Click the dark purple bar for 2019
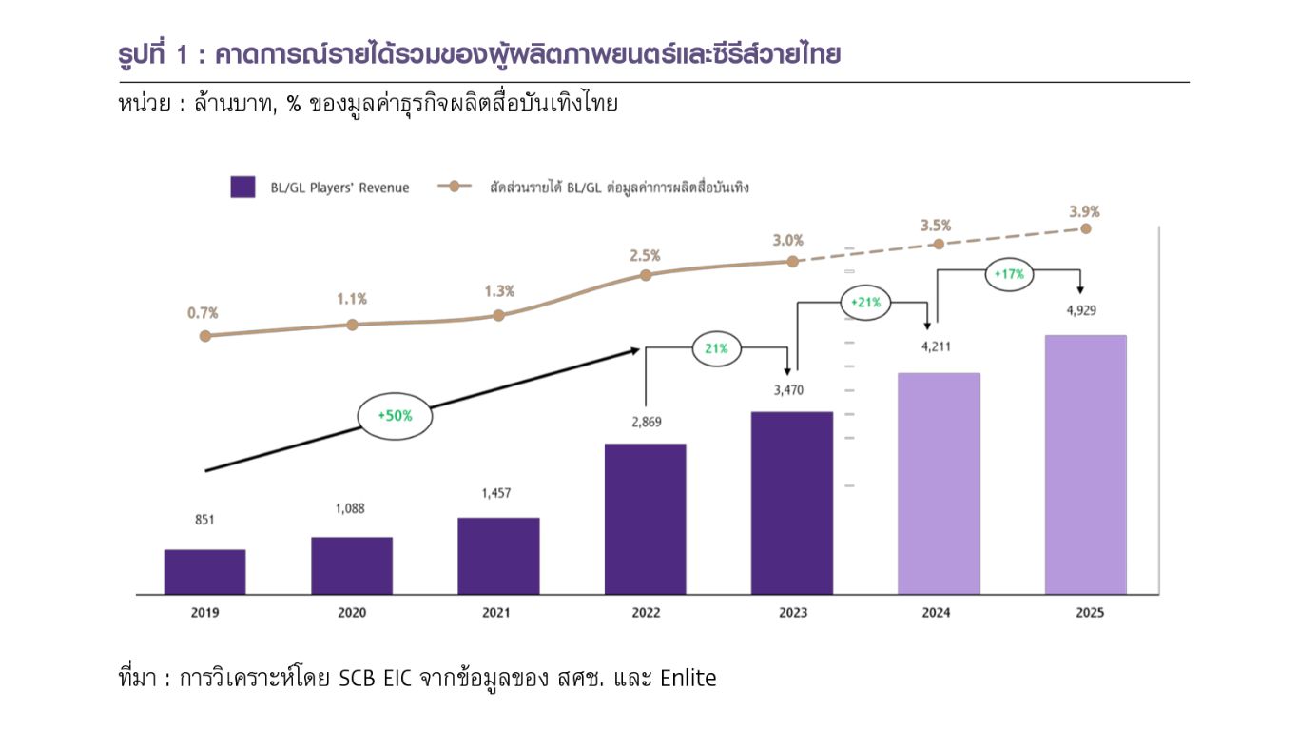tap(204, 572)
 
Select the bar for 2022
tap(645, 519)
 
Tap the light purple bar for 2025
tap(1085, 464)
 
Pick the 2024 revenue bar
tap(939, 484)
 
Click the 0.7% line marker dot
tap(204, 336)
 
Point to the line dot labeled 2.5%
tap(645, 275)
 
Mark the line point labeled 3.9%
tap(1086, 228)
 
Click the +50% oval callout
tap(394, 416)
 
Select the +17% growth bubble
tap(1009, 274)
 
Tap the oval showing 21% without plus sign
tap(716, 348)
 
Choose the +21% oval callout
tap(865, 304)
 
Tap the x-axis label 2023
tap(792, 613)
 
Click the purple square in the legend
tap(242, 187)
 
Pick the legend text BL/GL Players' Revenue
tap(339, 188)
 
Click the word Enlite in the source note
tap(688, 679)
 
